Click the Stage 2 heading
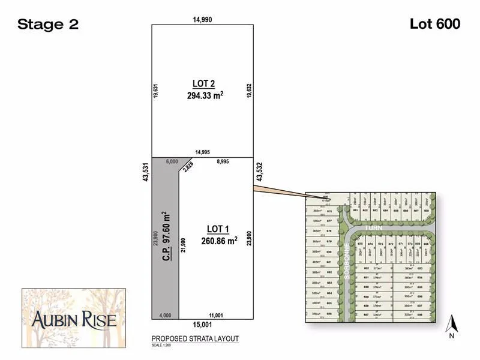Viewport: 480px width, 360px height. [48, 25]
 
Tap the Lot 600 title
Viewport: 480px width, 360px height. [435, 24]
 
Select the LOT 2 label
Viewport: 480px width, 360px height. [203, 83]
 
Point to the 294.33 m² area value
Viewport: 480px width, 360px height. [205, 95]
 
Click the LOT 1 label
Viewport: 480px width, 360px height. [218, 229]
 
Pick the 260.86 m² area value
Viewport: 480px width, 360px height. [220, 241]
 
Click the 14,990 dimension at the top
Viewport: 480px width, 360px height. [202, 20]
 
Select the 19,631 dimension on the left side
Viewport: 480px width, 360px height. [155, 91]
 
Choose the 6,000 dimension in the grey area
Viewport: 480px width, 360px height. [172, 162]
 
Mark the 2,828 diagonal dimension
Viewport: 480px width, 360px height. [189, 167]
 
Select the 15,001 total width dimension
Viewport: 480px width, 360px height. [202, 325]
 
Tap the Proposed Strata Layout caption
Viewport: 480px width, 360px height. [195, 339]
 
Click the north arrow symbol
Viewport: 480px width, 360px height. [454, 326]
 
